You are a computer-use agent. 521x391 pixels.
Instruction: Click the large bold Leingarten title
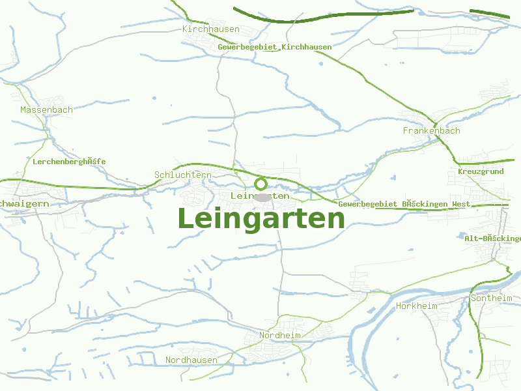[x=260, y=219]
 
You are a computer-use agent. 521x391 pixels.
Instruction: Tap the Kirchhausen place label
[x=211, y=29]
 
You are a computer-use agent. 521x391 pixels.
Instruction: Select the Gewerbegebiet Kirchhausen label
[x=274, y=47]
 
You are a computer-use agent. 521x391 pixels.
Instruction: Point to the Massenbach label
[x=46, y=109]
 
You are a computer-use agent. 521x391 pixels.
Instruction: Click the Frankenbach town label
[x=431, y=130]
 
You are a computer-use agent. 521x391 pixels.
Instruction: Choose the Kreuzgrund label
[x=481, y=171]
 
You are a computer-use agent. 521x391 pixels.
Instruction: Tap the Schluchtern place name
[x=183, y=175]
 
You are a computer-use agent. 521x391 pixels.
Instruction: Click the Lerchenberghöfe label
[x=69, y=161]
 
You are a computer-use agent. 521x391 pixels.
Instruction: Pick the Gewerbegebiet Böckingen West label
[x=404, y=204]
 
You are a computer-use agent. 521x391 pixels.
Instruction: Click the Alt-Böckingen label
[x=492, y=239]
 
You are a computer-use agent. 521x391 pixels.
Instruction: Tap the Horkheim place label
[x=417, y=306]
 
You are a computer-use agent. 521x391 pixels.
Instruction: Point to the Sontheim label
[x=491, y=298]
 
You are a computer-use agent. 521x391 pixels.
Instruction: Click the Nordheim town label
[x=280, y=335]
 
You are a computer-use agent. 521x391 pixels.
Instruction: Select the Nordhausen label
[x=191, y=360]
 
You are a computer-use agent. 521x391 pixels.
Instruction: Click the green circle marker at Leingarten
[x=260, y=184]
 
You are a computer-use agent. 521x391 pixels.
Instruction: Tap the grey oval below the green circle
[x=262, y=197]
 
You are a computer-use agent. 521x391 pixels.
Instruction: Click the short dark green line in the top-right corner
[x=491, y=12]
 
